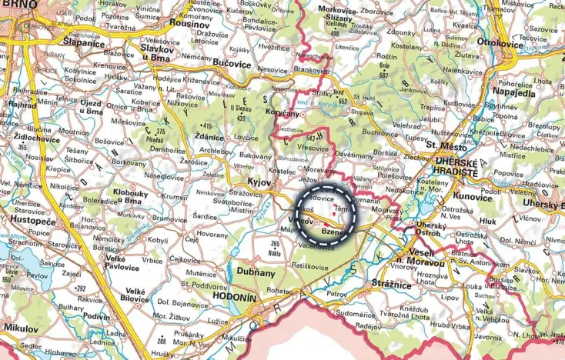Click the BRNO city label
tap(20, 5)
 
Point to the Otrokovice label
tap(521, 42)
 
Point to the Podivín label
tap(95, 317)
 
